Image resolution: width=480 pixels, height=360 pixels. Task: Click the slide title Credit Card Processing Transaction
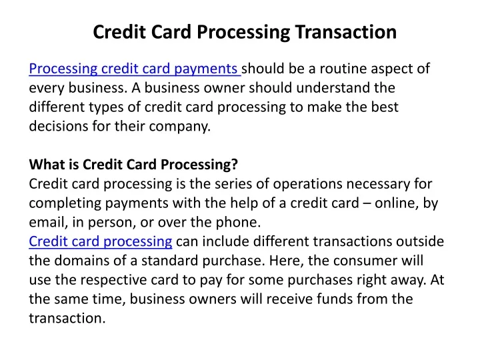245,32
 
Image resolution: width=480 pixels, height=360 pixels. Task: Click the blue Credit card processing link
101,241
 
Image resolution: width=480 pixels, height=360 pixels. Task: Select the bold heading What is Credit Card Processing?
133,165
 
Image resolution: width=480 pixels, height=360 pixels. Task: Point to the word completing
65,203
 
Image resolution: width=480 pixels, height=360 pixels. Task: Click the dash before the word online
367,203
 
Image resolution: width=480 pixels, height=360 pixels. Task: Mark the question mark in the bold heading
235,165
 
